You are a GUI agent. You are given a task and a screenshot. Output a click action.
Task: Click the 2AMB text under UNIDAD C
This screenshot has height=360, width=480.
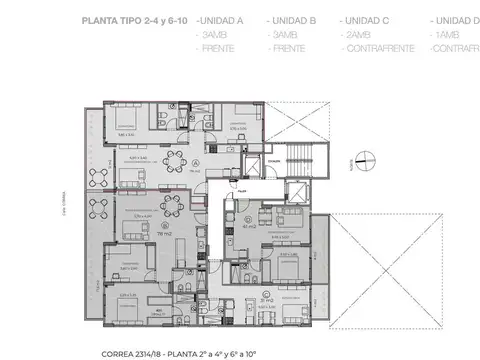click(358, 33)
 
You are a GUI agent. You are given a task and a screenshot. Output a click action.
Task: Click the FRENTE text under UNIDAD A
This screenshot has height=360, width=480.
click(218, 47)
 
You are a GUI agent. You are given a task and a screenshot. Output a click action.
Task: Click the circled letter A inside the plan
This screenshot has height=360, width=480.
click(196, 162)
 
